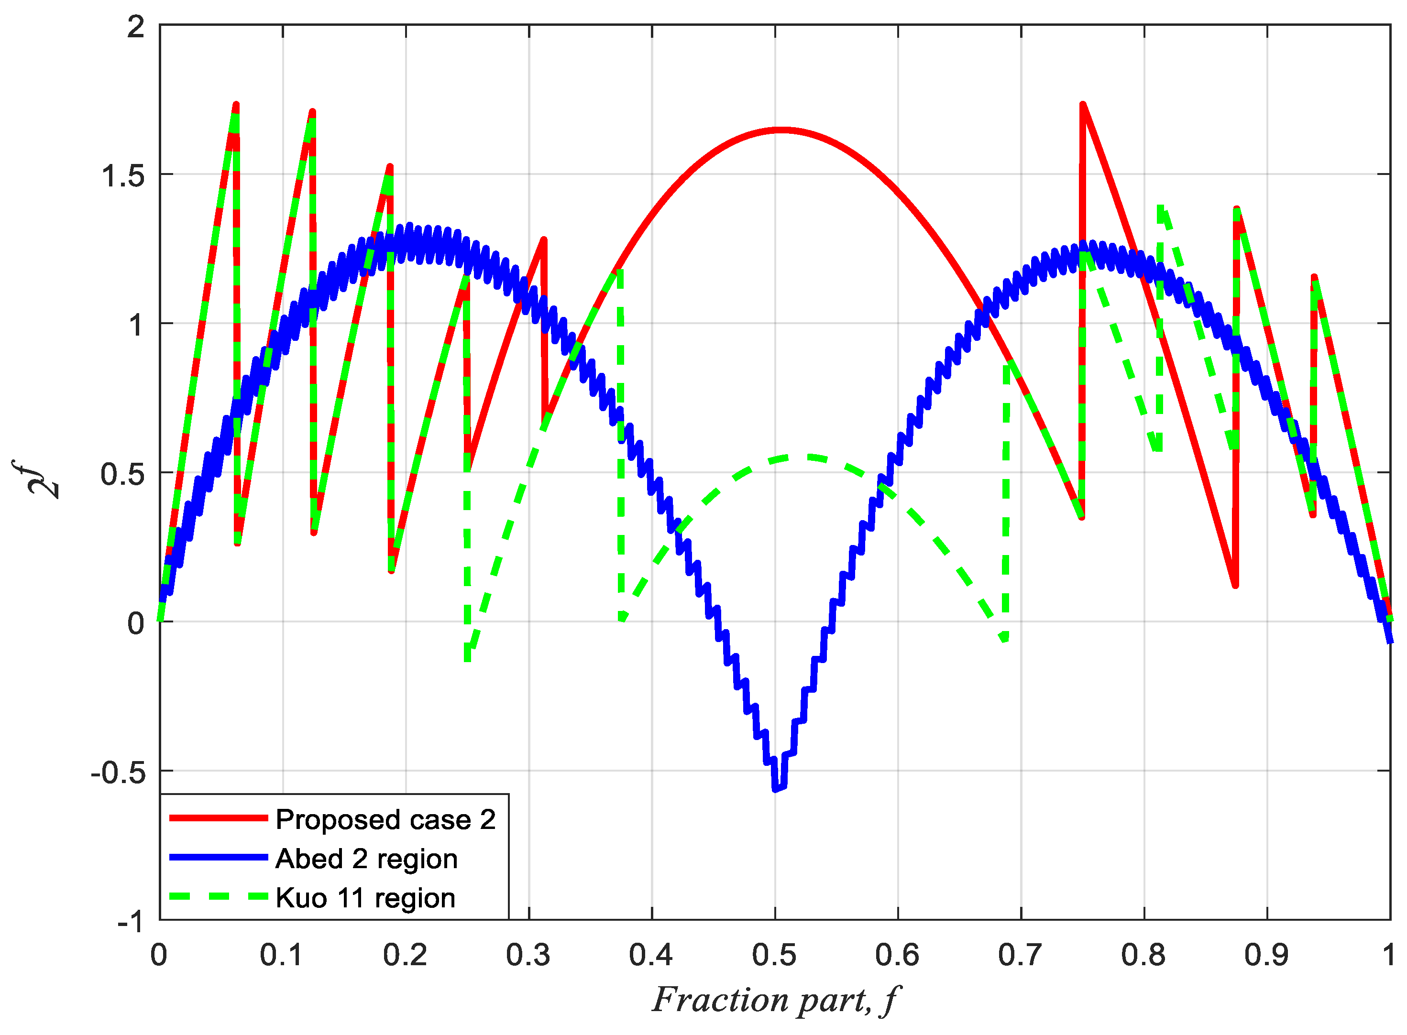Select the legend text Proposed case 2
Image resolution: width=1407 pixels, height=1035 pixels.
click(x=385, y=820)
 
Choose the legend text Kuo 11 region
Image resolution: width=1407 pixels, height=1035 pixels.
click(x=365, y=898)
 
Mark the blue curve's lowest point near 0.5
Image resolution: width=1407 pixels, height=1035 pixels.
click(x=778, y=788)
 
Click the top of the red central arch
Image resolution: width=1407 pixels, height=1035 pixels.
click(x=781, y=131)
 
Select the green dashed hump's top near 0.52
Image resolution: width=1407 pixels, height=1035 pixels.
click(x=805, y=458)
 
